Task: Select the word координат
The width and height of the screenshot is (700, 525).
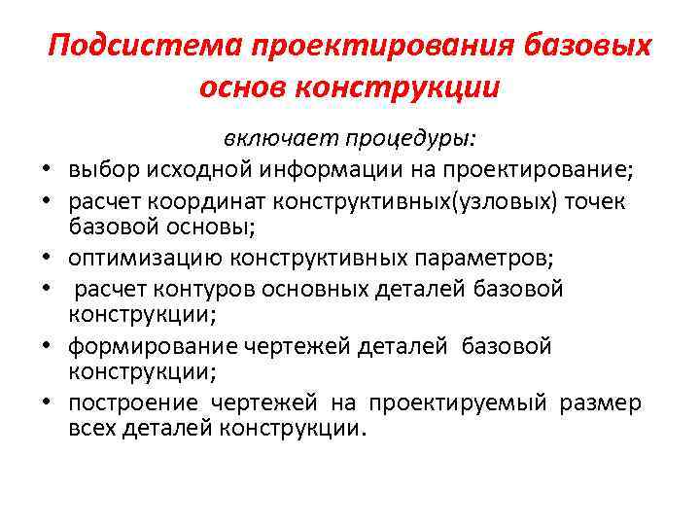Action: pyautogui.click(x=208, y=201)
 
